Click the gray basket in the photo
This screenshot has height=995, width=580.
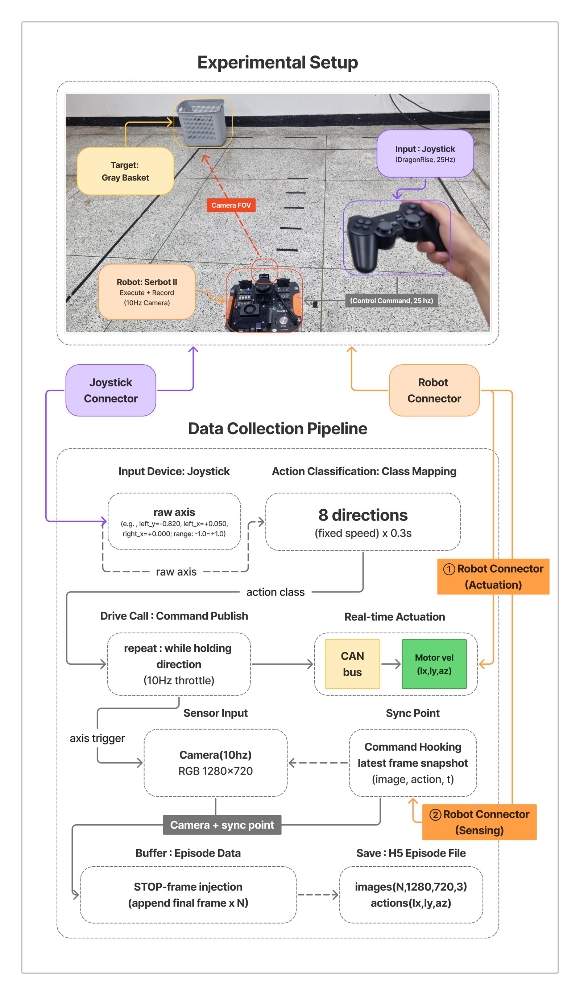point(202,123)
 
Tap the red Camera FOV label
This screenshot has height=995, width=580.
point(231,205)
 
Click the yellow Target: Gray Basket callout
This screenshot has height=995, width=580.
point(125,171)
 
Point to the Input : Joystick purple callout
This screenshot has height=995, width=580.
point(425,154)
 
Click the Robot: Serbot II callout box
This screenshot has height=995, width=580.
point(147,292)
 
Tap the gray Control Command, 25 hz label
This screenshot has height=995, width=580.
point(391,300)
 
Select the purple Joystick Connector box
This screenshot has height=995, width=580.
point(111,390)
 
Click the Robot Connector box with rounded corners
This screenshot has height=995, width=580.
point(434,390)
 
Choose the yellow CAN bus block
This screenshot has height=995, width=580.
point(352,664)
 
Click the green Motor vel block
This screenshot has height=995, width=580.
point(434,664)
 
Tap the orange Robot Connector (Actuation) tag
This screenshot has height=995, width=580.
point(493,576)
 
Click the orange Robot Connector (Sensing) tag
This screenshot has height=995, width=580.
point(479,822)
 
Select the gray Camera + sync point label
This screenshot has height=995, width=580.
point(222,825)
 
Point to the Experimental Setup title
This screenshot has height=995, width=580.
point(278,62)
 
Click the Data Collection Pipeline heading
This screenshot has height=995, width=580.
point(278,429)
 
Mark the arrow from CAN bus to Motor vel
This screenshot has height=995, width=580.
point(391,664)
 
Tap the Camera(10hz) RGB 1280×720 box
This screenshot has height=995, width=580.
point(216,763)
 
